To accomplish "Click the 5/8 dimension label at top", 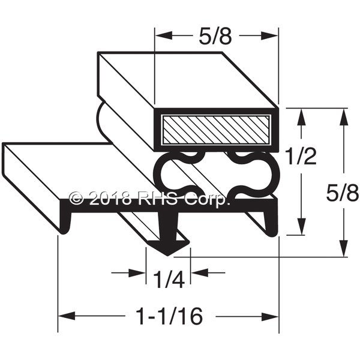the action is pos(215,36).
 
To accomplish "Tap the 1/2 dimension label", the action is pos(301,156).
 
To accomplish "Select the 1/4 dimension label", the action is pos(169,280).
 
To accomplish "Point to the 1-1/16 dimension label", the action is pos(169,316).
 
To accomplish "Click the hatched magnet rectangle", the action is pos(215,130).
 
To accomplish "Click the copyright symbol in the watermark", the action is pos(77,198).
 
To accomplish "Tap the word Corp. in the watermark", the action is pos(207,199).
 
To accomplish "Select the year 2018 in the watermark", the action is pos(110,198).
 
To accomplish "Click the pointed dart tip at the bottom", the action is pos(168,255).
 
